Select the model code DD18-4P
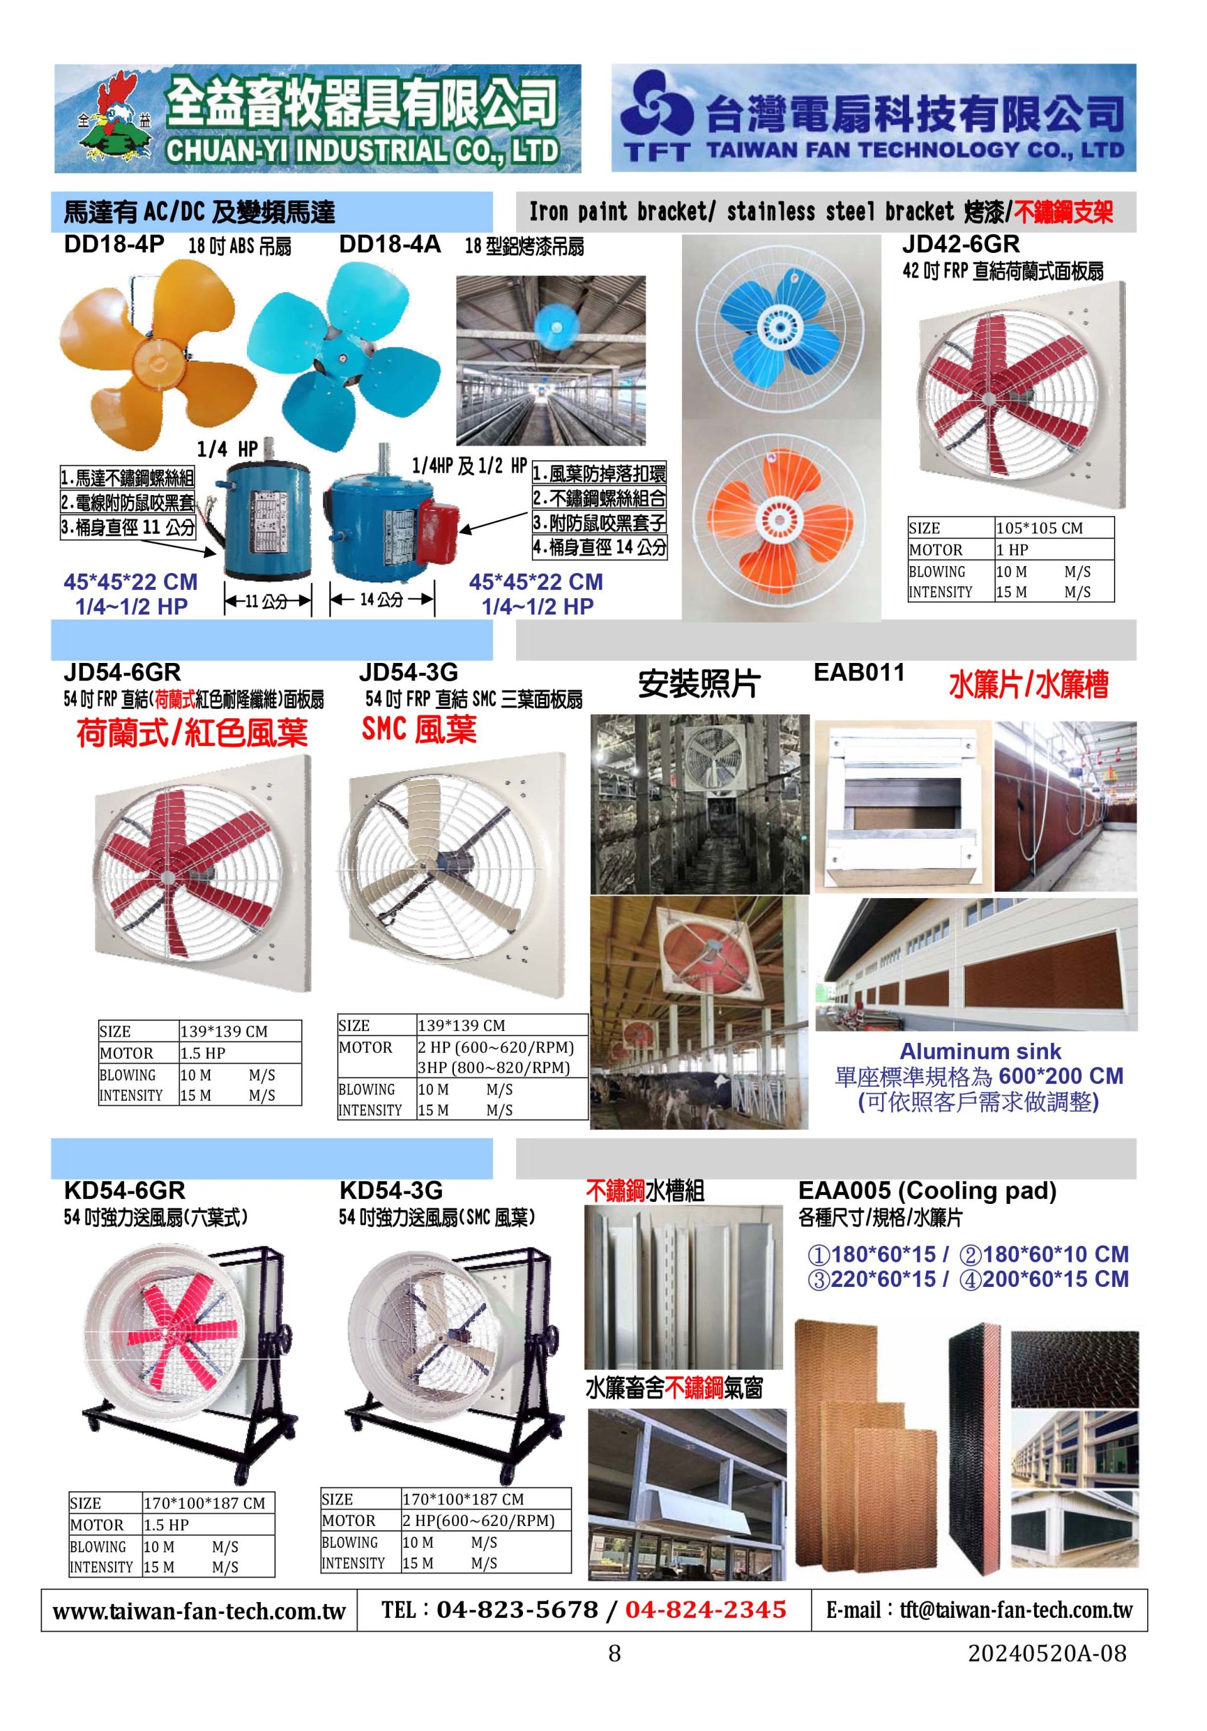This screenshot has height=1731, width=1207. tap(114, 244)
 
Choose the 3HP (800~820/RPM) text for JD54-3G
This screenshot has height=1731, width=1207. tap(493, 1067)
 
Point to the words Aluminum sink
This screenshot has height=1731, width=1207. tap(980, 1051)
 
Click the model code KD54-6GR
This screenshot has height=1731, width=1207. tap(124, 1189)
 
